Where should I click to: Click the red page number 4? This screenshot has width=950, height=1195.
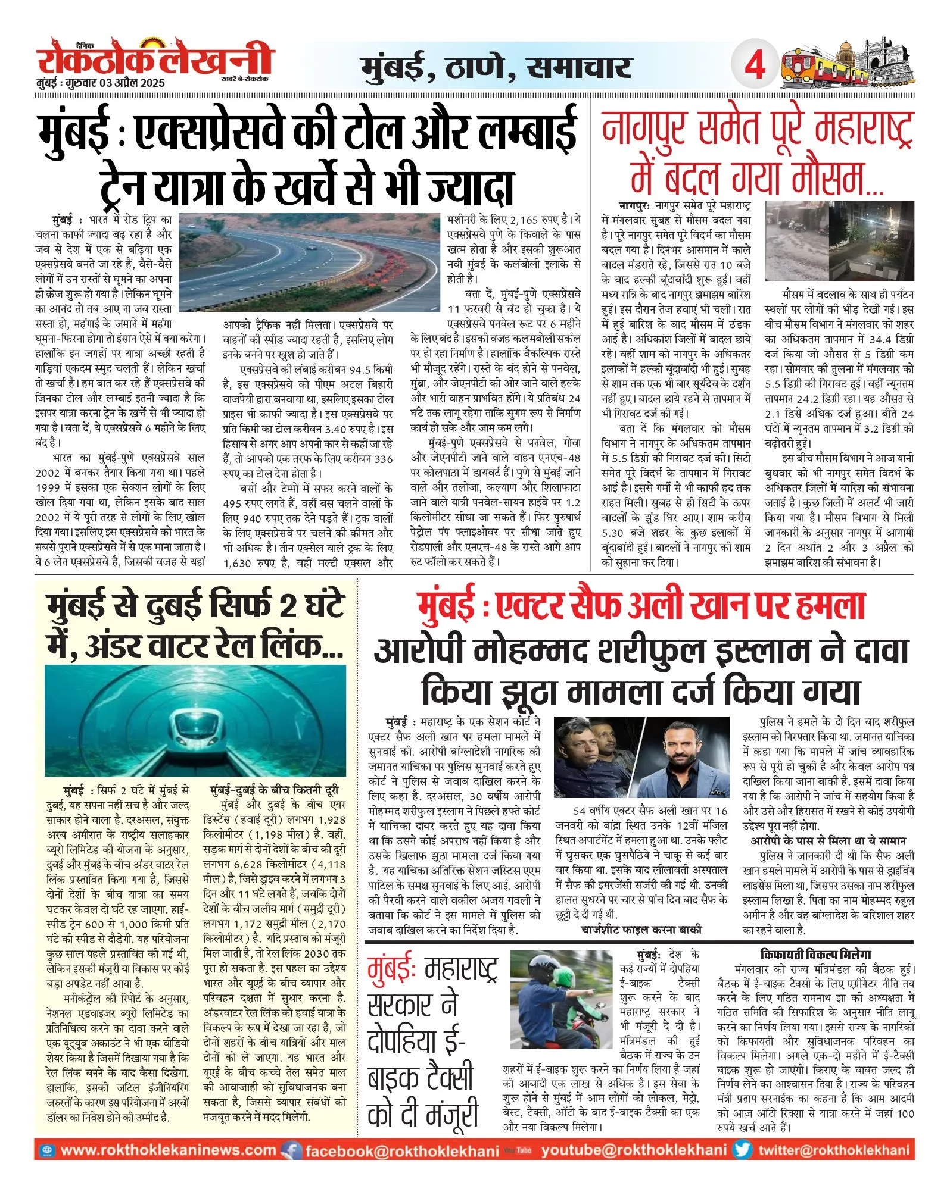755,64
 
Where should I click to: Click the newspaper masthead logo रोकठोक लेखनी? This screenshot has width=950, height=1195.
155,60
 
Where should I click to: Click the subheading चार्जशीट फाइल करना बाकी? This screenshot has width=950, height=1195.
641,929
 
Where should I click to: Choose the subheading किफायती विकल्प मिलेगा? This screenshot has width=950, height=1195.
815,954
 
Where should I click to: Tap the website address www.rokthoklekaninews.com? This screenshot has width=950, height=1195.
169,1150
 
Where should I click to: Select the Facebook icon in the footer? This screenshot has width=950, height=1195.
292,1150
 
